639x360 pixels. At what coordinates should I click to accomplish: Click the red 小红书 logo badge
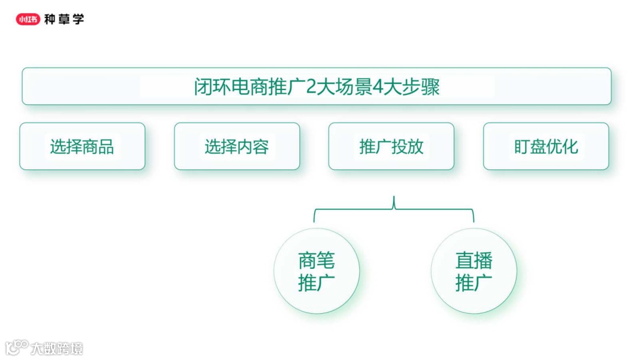(28, 20)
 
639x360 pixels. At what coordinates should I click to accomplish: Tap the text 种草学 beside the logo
(64, 20)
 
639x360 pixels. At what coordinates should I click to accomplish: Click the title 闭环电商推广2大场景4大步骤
(317, 87)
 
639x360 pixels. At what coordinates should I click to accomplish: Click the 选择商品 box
(82, 146)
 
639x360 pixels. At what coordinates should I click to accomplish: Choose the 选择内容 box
(237, 146)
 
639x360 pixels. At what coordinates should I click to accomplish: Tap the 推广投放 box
(391, 146)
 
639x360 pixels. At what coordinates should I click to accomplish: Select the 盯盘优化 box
(546, 146)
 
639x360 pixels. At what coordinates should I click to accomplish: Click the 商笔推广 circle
(317, 271)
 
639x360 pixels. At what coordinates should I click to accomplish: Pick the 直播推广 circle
(473, 271)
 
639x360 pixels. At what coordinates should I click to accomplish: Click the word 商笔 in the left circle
(317, 261)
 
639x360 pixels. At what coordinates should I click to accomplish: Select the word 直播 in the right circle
(473, 261)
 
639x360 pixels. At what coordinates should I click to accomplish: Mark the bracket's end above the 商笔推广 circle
(314, 221)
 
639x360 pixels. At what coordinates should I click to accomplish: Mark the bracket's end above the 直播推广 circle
(473, 221)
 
